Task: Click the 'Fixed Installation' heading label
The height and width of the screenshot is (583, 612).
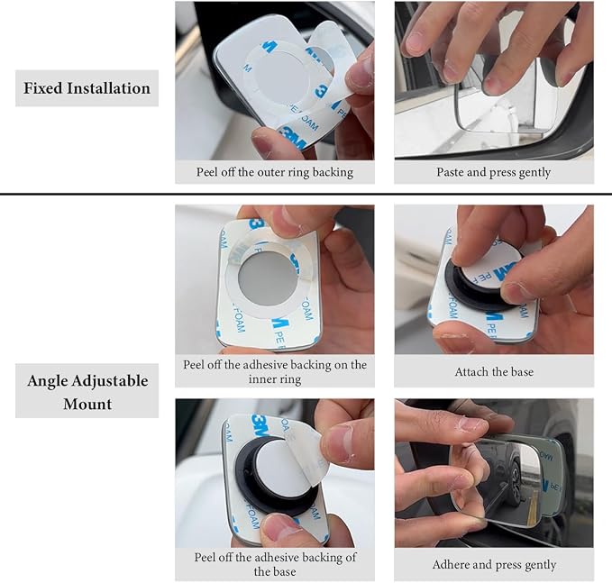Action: coord(87,88)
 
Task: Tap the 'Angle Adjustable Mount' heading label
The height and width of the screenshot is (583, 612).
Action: coord(87,392)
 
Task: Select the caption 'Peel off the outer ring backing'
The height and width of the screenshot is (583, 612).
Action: coord(275,172)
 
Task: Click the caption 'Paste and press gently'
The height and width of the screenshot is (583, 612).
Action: coord(494,172)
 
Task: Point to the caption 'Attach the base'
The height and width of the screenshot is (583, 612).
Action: coord(494,371)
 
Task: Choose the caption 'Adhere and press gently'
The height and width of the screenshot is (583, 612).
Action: coord(494,564)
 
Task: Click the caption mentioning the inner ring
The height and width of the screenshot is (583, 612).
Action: coord(275,371)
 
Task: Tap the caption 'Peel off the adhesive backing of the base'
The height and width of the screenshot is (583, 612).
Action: coord(275,564)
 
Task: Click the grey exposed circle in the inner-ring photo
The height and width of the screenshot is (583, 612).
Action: coord(268,277)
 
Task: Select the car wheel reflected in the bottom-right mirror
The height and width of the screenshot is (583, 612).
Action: coord(516,484)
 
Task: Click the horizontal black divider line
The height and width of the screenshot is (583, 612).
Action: coord(306,194)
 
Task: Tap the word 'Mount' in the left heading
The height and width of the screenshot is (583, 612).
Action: coord(87,404)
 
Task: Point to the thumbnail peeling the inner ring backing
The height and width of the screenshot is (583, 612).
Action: coord(275,279)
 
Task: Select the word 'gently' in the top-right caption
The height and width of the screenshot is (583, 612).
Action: coord(535,173)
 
